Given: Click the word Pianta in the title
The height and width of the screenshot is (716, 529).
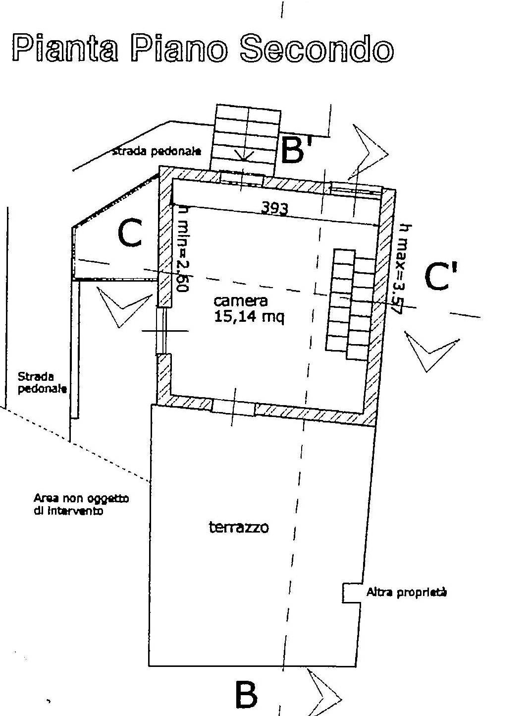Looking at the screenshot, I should (x=64, y=49).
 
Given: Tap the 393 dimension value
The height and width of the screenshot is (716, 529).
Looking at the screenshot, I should (x=274, y=209).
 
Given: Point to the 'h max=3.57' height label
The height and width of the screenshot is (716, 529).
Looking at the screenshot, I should (x=401, y=268).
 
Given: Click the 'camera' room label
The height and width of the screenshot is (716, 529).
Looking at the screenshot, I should (x=241, y=300).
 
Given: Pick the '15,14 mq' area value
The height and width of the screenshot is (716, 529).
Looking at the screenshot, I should (x=249, y=317).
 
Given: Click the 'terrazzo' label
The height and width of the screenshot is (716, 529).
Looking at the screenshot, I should (x=239, y=527).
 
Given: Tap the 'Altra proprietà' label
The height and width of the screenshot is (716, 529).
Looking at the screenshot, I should (x=406, y=592).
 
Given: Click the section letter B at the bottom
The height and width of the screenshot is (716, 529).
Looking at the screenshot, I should (x=246, y=695).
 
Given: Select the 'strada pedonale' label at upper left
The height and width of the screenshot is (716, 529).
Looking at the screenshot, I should (x=157, y=151).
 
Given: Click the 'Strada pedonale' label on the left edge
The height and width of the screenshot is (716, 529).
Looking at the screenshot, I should (x=42, y=382).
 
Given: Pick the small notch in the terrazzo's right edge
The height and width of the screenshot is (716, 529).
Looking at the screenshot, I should (x=351, y=593).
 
